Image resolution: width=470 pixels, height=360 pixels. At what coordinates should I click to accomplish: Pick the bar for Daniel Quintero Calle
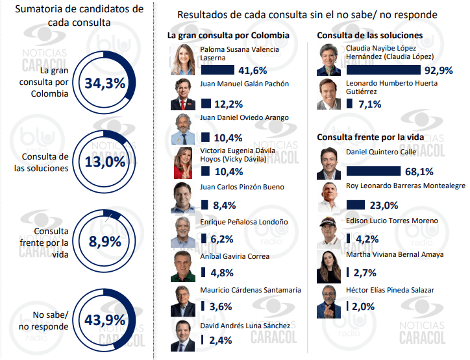[374, 171]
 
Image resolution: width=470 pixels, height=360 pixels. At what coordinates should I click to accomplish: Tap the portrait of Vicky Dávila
[183, 163]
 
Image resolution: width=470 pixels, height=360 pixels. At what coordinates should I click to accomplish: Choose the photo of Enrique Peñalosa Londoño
[183, 232]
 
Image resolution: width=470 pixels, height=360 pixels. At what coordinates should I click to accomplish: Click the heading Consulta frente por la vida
[370, 137]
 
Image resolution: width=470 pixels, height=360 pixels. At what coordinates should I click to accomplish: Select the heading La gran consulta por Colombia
[228, 36]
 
